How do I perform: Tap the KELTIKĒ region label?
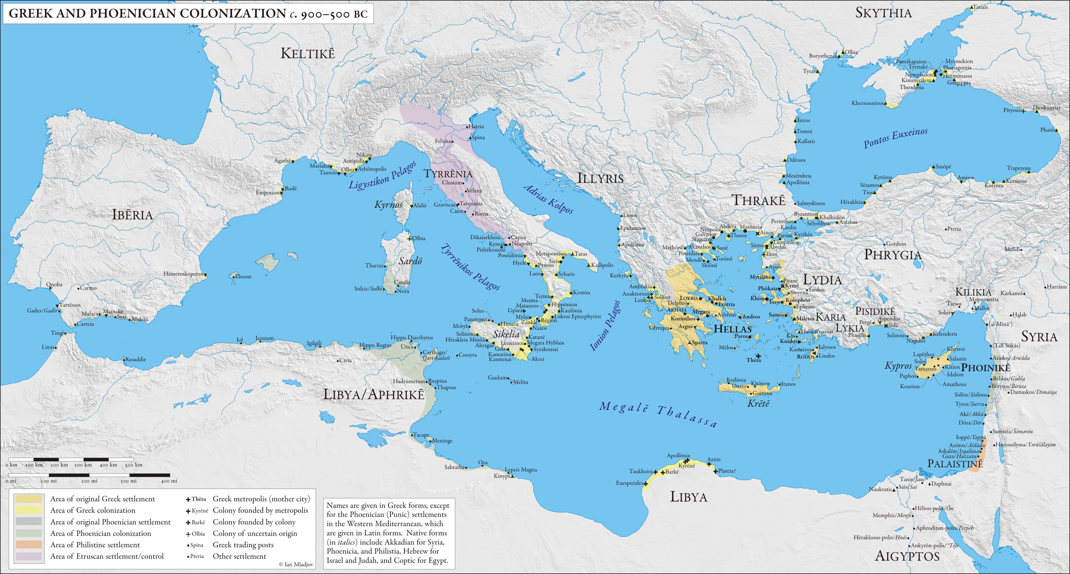click(x=307, y=54)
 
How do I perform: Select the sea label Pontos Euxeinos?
click(x=895, y=138)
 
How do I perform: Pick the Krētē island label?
click(x=758, y=403)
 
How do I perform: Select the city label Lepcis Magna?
click(x=521, y=470)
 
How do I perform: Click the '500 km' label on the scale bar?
click(x=133, y=465)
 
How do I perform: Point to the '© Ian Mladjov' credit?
click(x=296, y=565)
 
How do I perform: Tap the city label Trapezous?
click(x=1018, y=168)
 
